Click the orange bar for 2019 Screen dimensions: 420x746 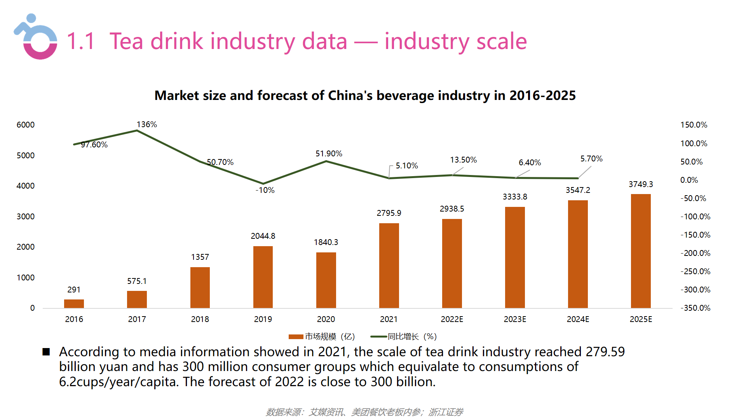[263, 277]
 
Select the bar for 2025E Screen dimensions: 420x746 [641, 251]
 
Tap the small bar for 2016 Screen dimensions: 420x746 [74, 303]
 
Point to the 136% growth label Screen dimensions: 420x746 [147, 124]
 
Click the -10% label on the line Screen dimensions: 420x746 [265, 190]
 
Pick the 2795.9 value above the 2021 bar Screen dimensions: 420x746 [389, 213]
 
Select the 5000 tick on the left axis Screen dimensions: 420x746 [26, 156]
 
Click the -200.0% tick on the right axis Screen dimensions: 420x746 [695, 253]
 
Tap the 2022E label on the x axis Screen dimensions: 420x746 [452, 319]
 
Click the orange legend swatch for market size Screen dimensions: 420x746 [296, 337]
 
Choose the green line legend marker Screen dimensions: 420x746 [378, 337]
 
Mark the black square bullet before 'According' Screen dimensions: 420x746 [46, 352]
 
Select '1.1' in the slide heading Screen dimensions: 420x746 [81, 41]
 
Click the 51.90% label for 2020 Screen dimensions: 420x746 [329, 154]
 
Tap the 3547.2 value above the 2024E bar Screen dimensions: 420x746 [578, 190]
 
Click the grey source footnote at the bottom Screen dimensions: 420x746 [364, 412]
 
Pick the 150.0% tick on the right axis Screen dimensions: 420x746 [694, 125]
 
